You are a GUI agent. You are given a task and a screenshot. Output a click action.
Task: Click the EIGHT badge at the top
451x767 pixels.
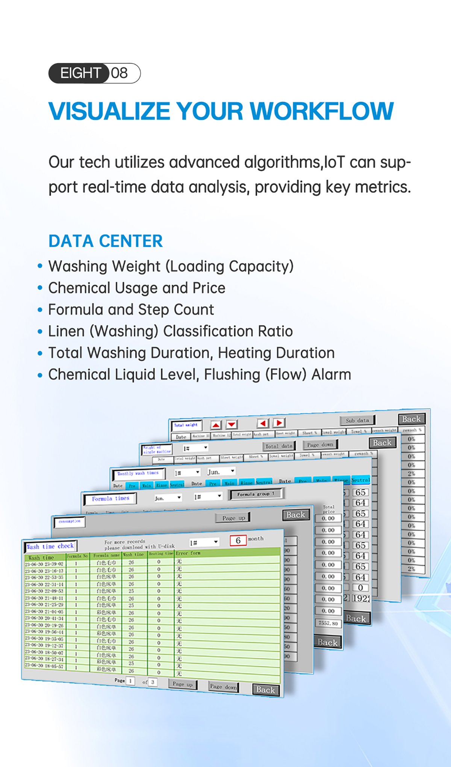(80, 73)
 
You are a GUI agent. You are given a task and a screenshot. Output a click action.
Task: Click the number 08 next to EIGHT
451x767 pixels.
(120, 73)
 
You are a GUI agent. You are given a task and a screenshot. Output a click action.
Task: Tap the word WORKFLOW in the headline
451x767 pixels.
(322, 111)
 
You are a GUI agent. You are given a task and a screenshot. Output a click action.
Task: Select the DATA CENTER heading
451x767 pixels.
(106, 241)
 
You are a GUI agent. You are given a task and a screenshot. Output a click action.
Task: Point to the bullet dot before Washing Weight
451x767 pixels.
(40, 266)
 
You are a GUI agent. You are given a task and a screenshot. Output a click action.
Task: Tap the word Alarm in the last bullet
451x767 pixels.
(331, 374)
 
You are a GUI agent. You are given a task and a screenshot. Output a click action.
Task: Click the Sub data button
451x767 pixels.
(357, 420)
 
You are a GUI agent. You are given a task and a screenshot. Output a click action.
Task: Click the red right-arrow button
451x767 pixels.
(279, 423)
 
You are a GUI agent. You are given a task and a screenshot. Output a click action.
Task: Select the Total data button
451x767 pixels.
(278, 446)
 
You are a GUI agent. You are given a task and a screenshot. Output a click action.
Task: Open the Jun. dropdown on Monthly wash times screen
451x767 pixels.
(221, 472)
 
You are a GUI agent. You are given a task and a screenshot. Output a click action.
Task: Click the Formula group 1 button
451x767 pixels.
(256, 494)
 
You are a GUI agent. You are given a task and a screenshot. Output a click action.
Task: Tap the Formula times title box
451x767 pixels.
(110, 499)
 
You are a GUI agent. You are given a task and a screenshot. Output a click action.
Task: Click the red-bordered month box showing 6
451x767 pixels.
(238, 541)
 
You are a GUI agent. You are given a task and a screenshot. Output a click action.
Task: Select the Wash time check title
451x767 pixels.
(50, 547)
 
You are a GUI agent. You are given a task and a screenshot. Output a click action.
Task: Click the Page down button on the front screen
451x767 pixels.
(223, 687)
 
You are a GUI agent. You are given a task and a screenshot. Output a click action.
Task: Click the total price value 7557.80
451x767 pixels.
(328, 623)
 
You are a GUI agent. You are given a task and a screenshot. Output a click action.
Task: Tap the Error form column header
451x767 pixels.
(188, 553)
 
